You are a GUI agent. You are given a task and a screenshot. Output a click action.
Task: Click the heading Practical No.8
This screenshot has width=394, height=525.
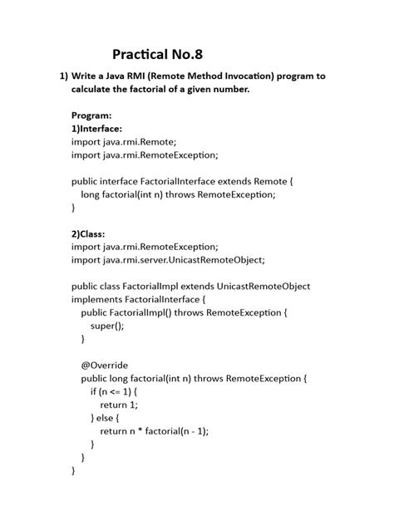[158, 56]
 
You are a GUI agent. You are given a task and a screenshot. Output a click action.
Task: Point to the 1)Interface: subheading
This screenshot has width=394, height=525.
[97, 129]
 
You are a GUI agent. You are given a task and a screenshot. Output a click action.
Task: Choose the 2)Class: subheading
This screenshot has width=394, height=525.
[87, 233]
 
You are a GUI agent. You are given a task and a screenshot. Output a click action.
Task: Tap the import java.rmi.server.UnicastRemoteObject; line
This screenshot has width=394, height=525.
[168, 260]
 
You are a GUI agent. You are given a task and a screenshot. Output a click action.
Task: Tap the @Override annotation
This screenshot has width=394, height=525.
[105, 365]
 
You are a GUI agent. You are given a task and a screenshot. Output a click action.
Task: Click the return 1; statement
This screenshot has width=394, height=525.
[119, 405]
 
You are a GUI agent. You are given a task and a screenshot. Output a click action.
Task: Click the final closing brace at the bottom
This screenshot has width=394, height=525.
[74, 470]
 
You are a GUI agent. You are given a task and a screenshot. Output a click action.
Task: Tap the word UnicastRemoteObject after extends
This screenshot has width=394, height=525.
[263, 286]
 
